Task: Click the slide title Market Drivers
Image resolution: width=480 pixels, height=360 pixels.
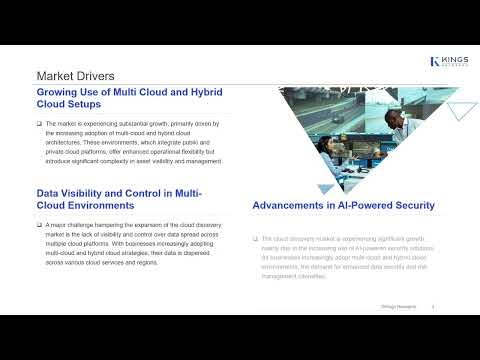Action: point(75,76)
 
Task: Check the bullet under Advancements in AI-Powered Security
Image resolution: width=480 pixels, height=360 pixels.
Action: point(256,240)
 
